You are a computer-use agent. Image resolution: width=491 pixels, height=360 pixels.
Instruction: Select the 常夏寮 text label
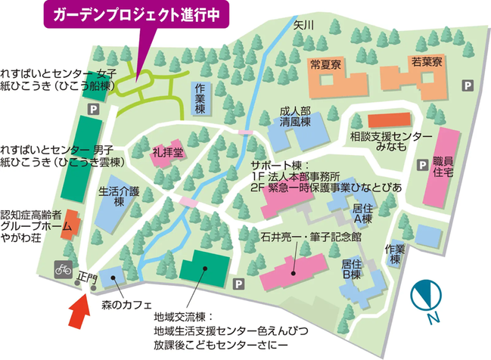325,64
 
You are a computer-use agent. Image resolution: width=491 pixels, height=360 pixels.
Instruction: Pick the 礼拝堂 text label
166,152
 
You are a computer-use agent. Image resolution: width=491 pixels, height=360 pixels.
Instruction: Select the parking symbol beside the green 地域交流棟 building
239,284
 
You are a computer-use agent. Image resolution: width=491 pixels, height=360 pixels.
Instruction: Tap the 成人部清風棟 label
296,115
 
